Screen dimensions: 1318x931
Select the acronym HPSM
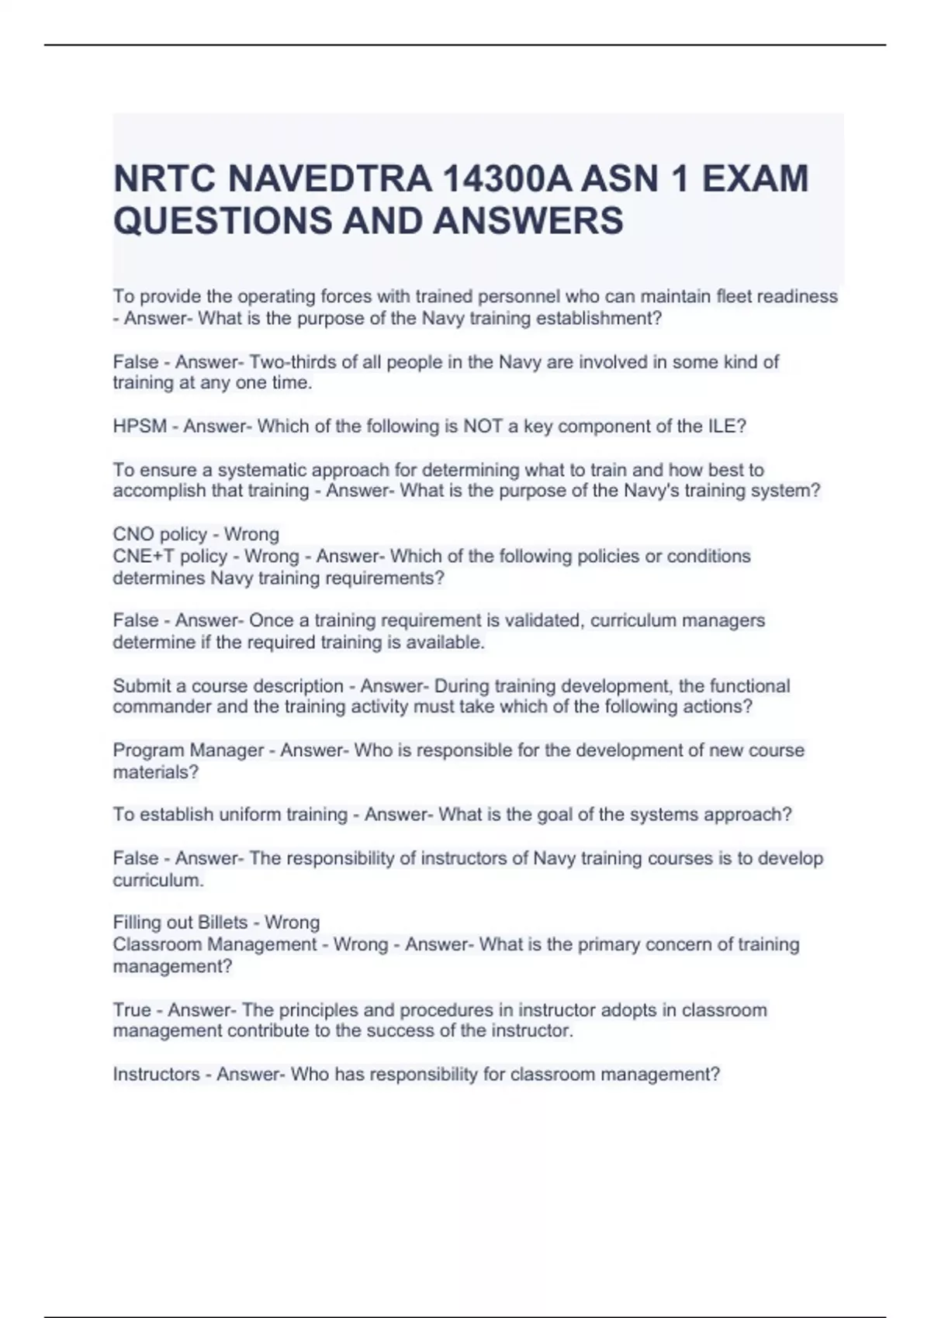tap(140, 426)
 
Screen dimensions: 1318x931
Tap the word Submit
tap(142, 686)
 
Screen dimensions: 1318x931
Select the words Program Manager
tap(189, 750)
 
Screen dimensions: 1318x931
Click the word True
tap(131, 1010)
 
